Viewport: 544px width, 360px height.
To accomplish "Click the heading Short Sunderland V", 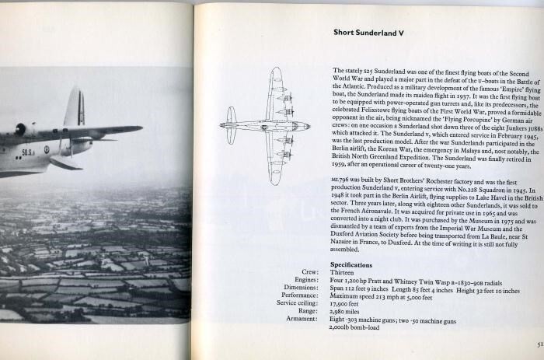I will coord(369,32).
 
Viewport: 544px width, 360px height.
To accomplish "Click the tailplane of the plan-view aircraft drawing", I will coord(232,125).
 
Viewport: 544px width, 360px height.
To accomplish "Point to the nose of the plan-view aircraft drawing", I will coord(307,125).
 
